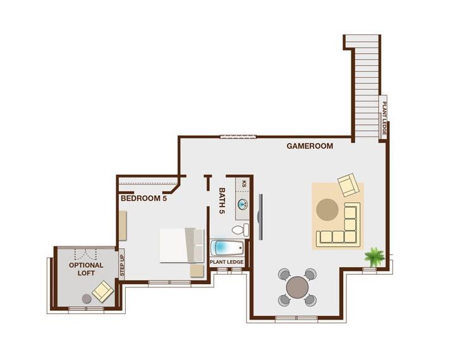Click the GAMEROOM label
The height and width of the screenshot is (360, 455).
[310, 146]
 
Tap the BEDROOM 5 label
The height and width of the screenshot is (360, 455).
[144, 198]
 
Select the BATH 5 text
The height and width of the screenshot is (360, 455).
[222, 201]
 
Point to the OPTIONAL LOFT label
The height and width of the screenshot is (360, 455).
[86, 269]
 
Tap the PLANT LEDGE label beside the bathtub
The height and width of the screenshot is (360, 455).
[226, 261]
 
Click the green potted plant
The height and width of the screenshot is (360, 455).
[374, 256]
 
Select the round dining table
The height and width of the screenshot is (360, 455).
[297, 287]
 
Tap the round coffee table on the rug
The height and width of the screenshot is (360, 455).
[327, 209]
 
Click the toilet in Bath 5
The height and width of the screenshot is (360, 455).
[240, 230]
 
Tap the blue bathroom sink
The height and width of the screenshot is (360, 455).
[243, 204]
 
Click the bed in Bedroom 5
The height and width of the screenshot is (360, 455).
[181, 245]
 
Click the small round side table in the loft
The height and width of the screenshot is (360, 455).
[86, 298]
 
